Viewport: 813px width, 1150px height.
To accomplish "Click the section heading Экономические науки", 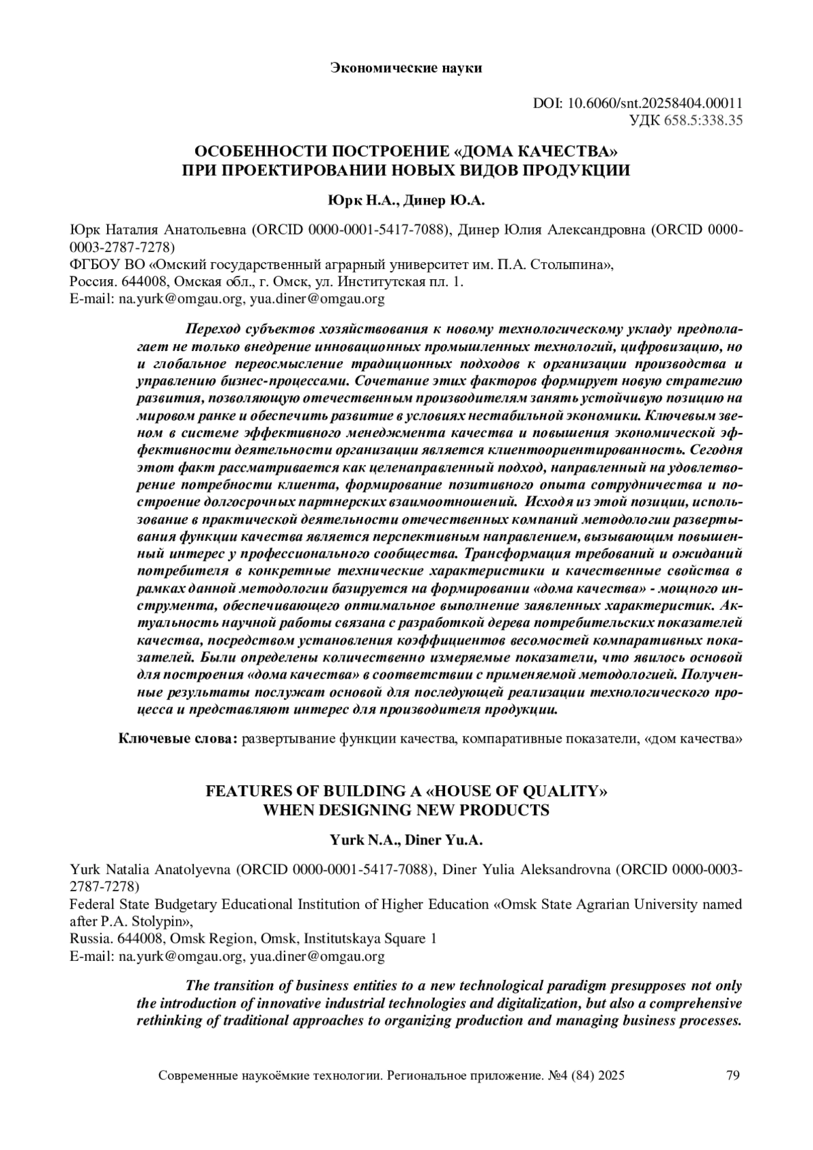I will tap(406, 68).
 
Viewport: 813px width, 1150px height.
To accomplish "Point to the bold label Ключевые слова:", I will tap(178, 738).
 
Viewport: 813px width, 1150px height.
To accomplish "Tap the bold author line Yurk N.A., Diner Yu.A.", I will tap(406, 840).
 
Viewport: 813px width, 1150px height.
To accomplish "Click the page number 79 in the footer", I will tap(732, 1075).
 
